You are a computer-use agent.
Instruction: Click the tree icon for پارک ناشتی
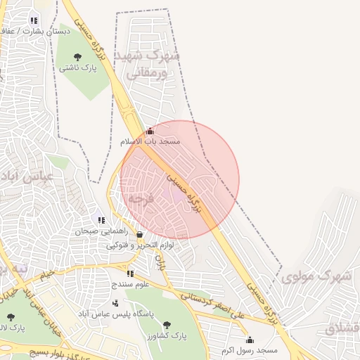point(77,57)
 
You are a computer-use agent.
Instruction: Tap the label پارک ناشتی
point(77,68)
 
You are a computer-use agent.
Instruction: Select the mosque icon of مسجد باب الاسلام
point(149,131)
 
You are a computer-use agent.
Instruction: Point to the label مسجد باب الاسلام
point(150,141)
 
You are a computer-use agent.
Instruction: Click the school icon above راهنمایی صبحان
point(101,220)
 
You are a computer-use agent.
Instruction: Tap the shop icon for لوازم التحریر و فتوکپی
point(139,235)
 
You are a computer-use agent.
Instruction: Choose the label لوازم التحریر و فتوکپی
point(140,245)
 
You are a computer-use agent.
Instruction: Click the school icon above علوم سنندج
point(129,274)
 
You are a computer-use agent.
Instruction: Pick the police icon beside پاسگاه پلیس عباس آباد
point(115,303)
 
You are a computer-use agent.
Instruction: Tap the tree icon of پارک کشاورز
point(167,325)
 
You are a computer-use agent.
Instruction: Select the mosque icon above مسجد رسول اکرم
point(250,340)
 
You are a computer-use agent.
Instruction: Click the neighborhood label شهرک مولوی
point(316,276)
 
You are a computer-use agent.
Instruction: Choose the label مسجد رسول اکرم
point(250,349)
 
